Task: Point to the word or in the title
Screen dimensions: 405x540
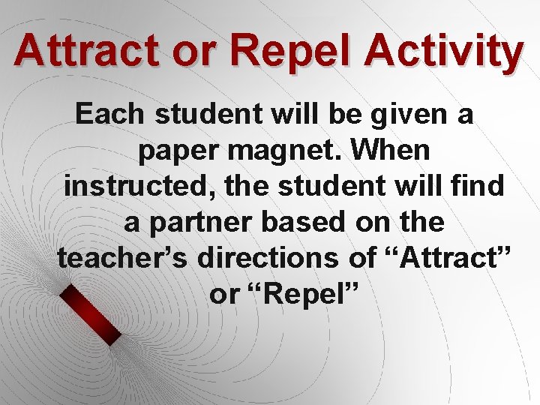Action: (x=205, y=52)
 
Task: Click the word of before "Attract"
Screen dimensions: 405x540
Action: (x=362, y=259)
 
